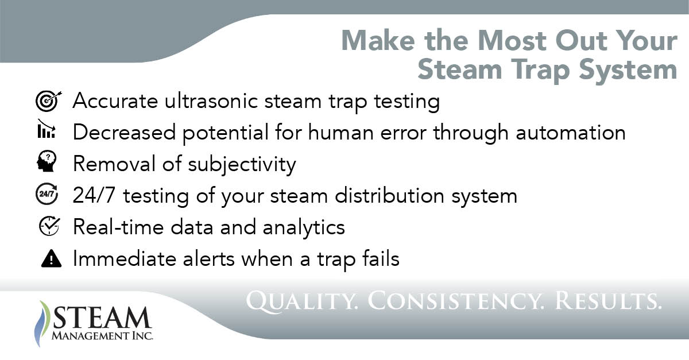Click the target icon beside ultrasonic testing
point(46,102)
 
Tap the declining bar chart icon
point(46,133)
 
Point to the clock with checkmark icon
point(46,227)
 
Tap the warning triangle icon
point(51,259)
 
